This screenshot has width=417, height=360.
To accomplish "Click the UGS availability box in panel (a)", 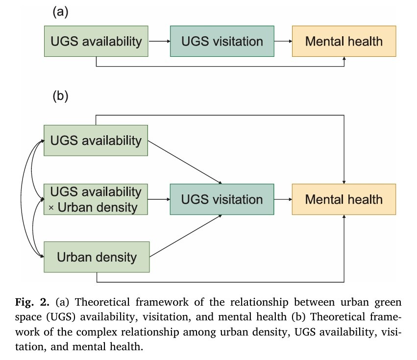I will point(96,41).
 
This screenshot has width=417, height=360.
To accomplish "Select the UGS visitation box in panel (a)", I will point(222,41).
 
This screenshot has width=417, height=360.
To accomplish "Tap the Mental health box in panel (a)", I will point(343,41).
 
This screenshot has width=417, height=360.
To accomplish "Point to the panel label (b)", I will point(59,96).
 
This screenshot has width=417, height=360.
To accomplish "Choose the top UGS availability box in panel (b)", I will point(96,141).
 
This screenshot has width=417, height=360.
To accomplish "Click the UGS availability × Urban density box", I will point(96,199).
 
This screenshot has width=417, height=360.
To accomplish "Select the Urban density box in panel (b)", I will point(96,257).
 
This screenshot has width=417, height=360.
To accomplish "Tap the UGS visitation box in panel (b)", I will point(222,199).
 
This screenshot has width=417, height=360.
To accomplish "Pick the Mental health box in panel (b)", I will point(343,199).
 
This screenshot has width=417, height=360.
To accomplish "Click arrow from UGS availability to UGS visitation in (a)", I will point(159,42).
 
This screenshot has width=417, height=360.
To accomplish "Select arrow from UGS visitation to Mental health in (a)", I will point(283,42).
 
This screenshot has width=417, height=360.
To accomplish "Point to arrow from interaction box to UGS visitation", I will point(159,200).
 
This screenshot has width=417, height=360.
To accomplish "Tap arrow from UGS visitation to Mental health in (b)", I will point(283,200).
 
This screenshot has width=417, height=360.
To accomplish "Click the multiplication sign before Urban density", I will point(51,208).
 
